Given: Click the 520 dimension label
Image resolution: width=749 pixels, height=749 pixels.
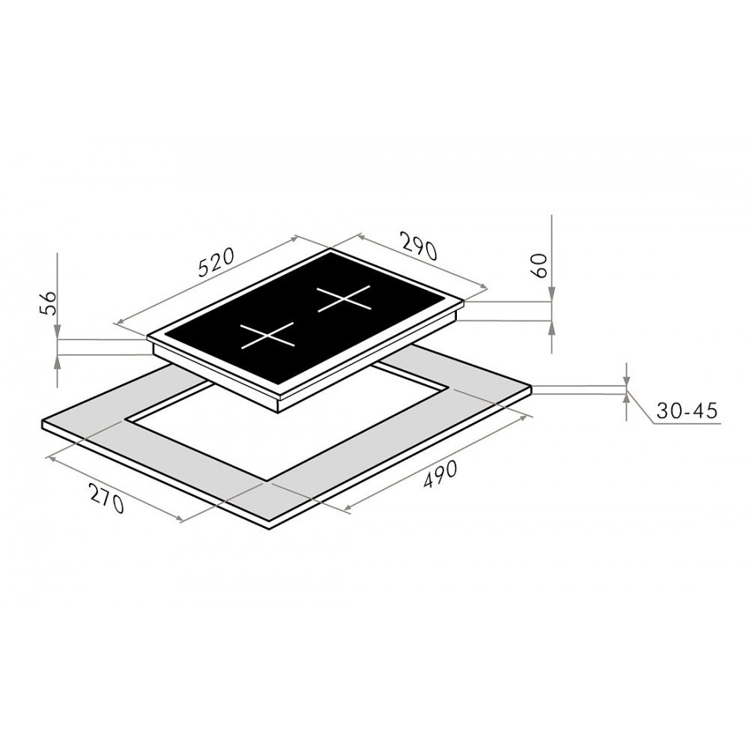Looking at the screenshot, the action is [216, 263].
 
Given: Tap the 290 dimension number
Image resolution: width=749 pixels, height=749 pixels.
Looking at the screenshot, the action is [419, 246].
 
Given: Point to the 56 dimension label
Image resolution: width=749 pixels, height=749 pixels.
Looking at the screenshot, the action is [47, 303].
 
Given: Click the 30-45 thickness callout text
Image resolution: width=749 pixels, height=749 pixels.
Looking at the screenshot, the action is [687, 410].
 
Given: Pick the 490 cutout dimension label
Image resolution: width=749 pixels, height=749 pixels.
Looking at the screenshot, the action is [440, 474].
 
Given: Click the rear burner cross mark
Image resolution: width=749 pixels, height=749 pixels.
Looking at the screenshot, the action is [344, 299].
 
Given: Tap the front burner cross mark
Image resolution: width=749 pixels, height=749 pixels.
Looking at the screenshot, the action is [267, 336].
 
